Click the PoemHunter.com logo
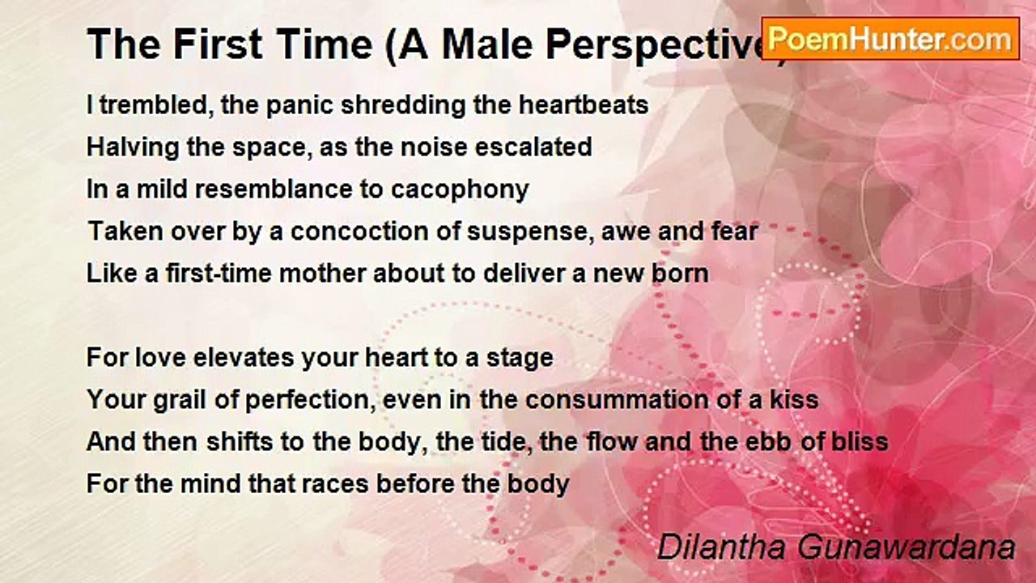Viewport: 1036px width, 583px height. pos(890,39)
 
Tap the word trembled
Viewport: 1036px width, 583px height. pos(157,104)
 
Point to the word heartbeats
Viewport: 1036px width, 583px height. pos(584,104)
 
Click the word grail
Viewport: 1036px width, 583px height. pos(180,400)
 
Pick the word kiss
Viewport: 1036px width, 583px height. pos(794,400)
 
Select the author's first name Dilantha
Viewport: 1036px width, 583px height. pos(721,547)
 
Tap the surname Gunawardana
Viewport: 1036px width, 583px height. pos(906,547)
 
